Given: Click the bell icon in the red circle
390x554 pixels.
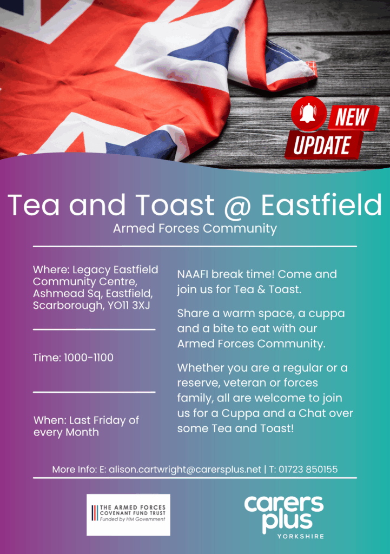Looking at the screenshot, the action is pyautogui.click(x=308, y=114).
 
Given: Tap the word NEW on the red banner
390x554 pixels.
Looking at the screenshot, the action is pyautogui.click(x=352, y=117).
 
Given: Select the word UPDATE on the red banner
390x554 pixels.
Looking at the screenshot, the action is pyautogui.click(x=322, y=145).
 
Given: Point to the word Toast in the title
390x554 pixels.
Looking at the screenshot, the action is pyautogui.click(x=175, y=205).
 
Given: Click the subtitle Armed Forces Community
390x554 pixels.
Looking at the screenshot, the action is pyautogui.click(x=195, y=229).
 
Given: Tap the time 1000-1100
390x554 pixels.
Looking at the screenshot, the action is pyautogui.click(x=89, y=358).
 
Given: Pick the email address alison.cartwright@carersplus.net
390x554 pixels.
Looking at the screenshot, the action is pyautogui.click(x=185, y=470).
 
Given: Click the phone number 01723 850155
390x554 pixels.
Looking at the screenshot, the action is pyautogui.click(x=308, y=469).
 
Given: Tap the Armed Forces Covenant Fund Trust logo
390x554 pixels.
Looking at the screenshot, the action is pyautogui.click(x=128, y=515).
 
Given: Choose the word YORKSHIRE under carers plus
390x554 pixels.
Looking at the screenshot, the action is pyautogui.click(x=301, y=536).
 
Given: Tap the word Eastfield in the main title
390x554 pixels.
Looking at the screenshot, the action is pyautogui.click(x=321, y=205).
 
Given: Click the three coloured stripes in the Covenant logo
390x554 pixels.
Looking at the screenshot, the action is pyautogui.click(x=95, y=513).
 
